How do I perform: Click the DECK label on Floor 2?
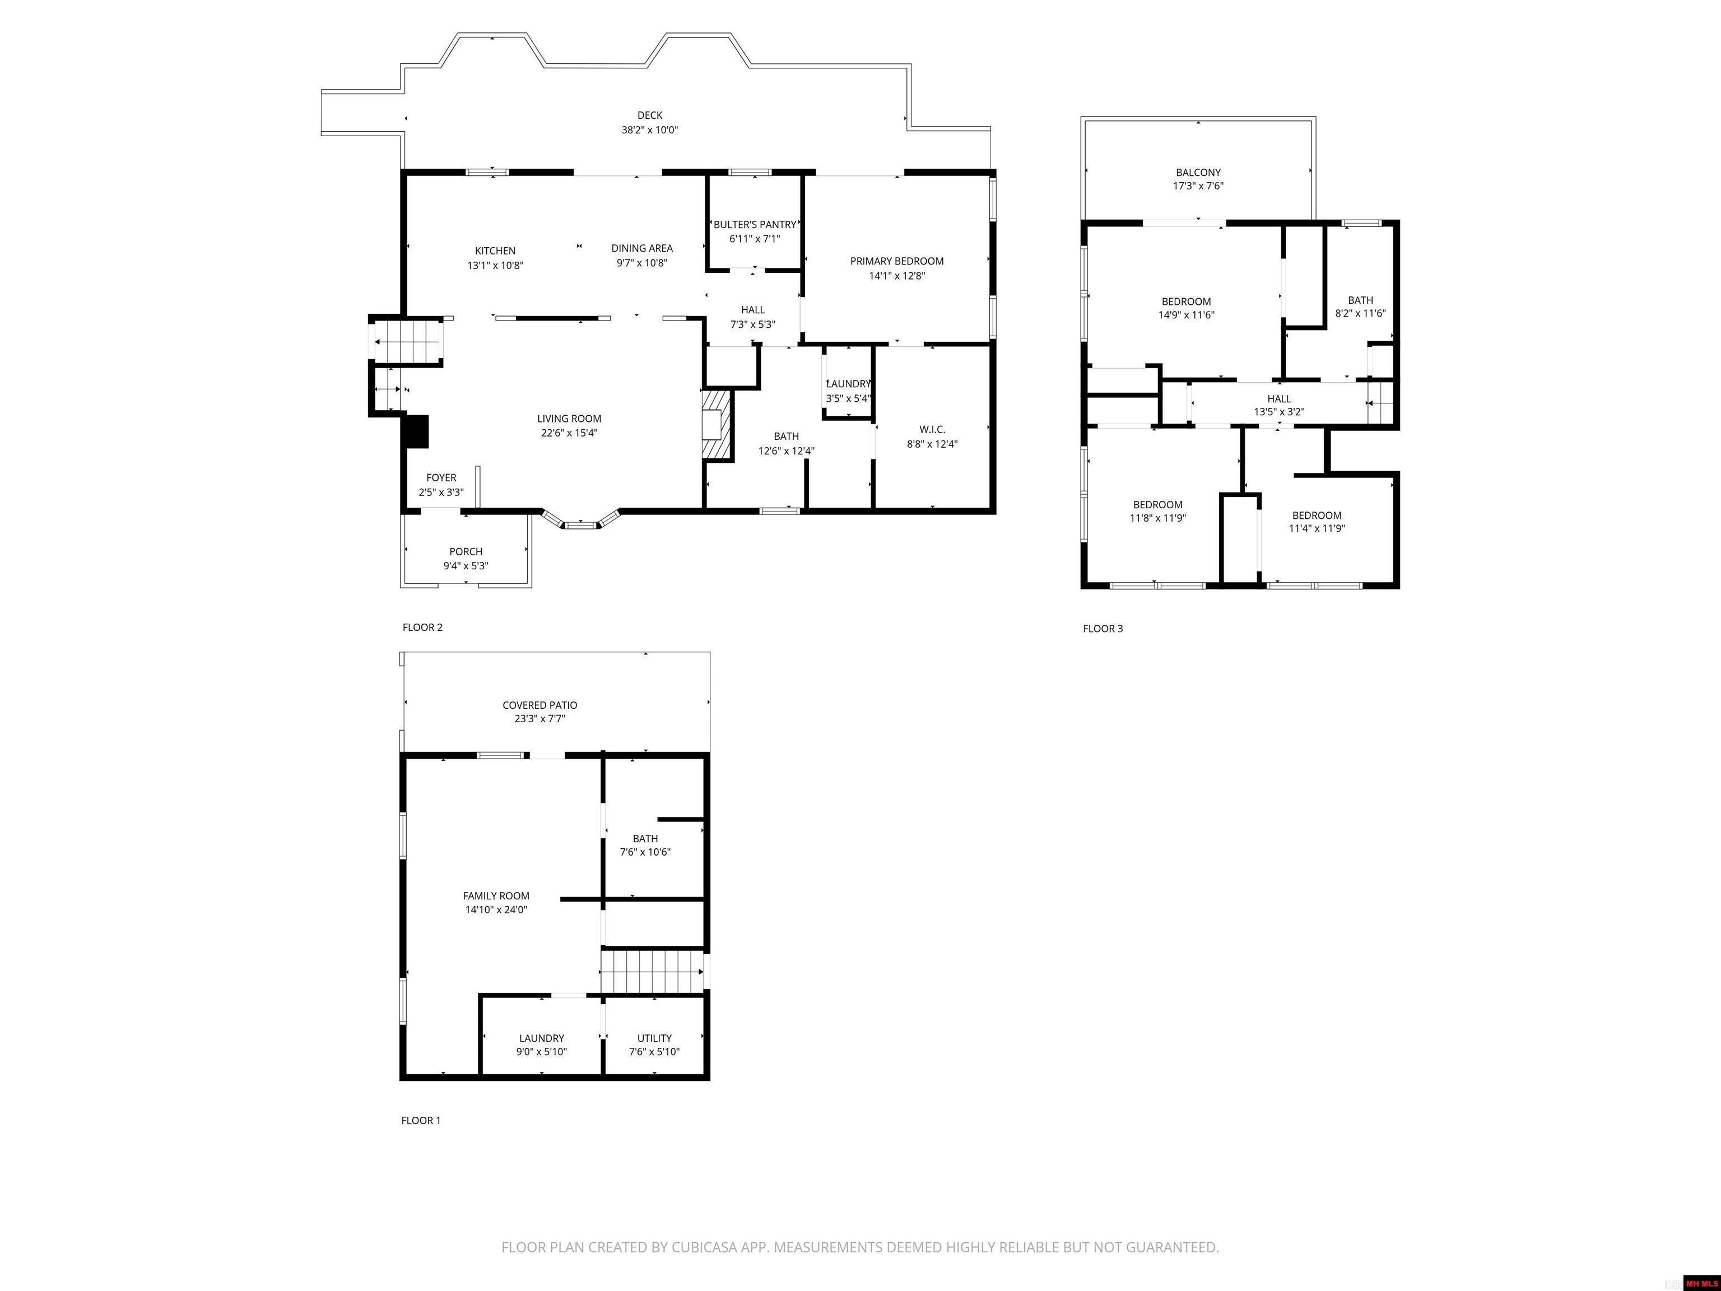(650, 115)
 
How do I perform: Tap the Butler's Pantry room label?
(755, 225)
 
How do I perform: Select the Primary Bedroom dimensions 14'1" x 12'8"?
(897, 276)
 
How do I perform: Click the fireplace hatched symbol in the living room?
(717, 426)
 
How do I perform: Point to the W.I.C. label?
(932, 430)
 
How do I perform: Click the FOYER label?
(441, 478)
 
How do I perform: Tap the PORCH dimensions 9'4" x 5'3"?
(466, 566)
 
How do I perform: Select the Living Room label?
(570, 419)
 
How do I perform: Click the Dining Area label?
(642, 248)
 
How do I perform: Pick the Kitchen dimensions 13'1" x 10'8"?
(496, 266)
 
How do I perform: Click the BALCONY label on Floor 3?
(1198, 173)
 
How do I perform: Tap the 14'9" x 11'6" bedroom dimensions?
(1187, 315)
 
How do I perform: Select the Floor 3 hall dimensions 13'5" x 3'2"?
(1279, 412)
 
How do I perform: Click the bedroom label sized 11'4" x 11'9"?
(1317, 515)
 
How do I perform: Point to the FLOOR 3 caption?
(1103, 629)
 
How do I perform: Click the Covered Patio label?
(540, 705)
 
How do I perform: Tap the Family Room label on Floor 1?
(496, 895)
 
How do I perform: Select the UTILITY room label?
(654, 1038)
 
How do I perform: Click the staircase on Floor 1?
(652, 971)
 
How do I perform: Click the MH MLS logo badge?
(1701, 1283)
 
